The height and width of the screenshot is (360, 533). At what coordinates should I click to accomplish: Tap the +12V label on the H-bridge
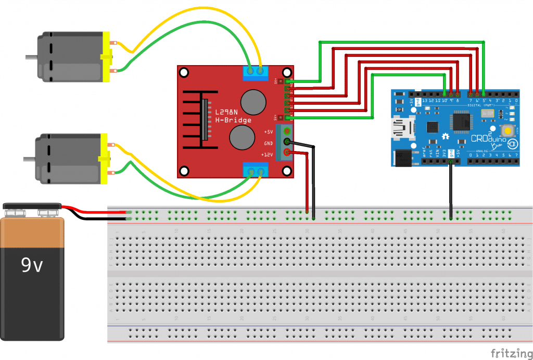click(268, 155)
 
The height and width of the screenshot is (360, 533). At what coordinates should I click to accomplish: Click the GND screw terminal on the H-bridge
click(286, 142)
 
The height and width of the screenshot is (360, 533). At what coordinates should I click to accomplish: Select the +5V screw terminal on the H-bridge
click(286, 131)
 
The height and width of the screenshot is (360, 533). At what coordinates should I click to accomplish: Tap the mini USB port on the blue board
click(401, 127)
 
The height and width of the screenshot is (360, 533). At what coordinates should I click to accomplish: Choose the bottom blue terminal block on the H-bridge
click(255, 170)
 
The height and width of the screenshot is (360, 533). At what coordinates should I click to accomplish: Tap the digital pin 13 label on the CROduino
click(425, 100)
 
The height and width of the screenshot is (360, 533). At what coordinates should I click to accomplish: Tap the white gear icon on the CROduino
click(446, 135)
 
